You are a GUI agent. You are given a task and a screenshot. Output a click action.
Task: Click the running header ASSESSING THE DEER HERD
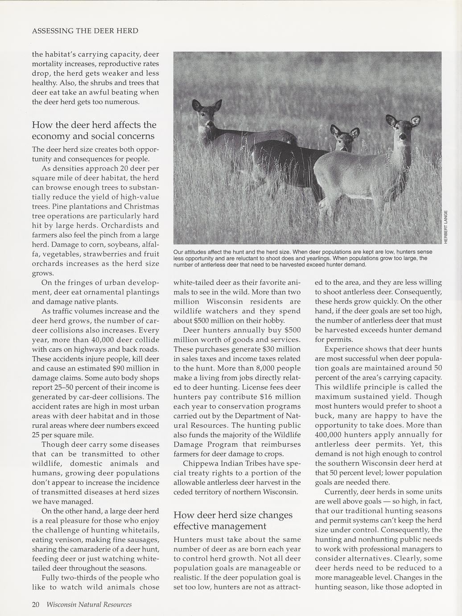click(85, 31)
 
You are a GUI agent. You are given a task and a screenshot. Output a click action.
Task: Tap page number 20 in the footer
click(36, 604)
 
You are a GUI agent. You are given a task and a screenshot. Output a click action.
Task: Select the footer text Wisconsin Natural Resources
click(89, 604)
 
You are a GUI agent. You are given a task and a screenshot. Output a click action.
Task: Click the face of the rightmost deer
click(404, 129)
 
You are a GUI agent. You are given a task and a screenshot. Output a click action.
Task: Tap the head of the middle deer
click(344, 138)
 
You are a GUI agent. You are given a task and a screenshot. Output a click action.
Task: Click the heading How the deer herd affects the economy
click(94, 130)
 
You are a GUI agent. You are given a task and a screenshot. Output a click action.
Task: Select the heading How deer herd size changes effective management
click(233, 520)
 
